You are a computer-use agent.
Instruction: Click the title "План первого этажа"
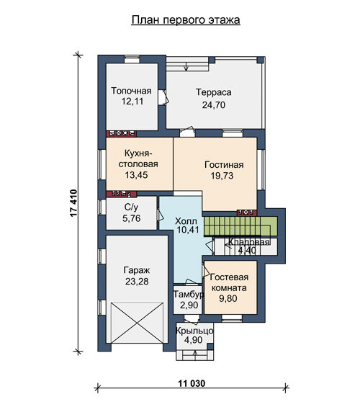click(186, 20)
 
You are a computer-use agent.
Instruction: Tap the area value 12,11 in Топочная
click(132, 102)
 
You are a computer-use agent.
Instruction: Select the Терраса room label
click(213, 92)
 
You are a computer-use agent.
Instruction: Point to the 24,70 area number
click(213, 105)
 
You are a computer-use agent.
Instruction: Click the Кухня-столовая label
click(138, 158)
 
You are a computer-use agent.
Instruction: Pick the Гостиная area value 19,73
click(222, 176)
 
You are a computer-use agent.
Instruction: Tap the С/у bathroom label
click(131, 207)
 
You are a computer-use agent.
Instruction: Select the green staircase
click(240, 226)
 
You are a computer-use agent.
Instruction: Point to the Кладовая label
click(248, 242)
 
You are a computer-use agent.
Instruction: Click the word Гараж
click(137, 270)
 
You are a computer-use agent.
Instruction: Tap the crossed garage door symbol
click(137, 323)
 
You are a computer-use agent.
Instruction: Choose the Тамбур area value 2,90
click(189, 305)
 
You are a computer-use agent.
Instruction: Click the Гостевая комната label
click(228, 282)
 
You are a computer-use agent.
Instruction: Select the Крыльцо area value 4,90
click(193, 340)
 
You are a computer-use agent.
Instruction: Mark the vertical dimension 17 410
click(73, 203)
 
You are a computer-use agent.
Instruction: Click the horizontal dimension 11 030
click(192, 383)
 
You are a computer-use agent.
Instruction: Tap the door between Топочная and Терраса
click(164, 97)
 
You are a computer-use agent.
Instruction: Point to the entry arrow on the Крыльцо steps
click(195, 354)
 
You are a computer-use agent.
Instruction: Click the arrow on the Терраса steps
click(186, 67)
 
